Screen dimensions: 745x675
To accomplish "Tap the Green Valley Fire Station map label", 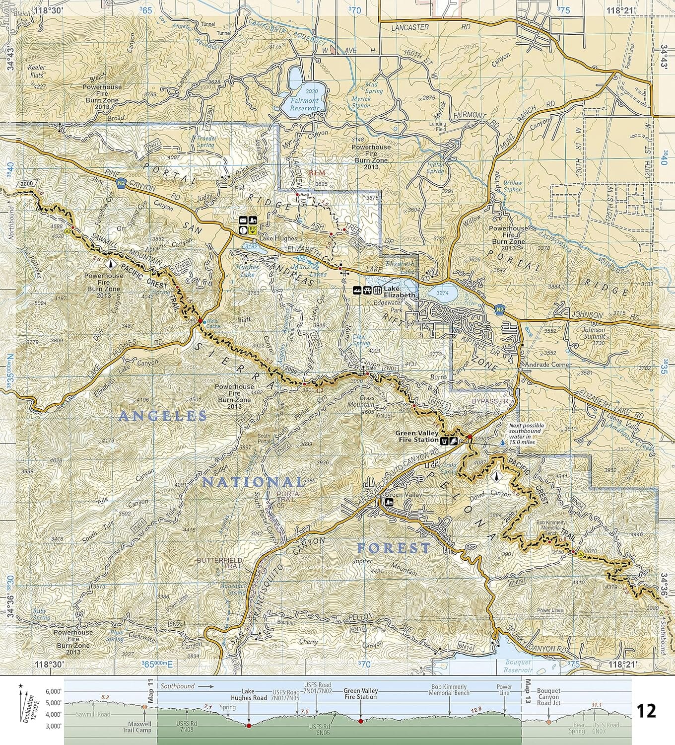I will [x=417, y=436].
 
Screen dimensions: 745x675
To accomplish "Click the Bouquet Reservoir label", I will [x=518, y=666].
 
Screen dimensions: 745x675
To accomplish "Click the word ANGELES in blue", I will [x=163, y=416].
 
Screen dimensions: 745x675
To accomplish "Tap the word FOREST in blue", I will [x=394, y=548].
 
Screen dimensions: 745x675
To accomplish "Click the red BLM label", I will [x=316, y=173].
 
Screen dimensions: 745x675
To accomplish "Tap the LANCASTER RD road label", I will [x=409, y=28].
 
